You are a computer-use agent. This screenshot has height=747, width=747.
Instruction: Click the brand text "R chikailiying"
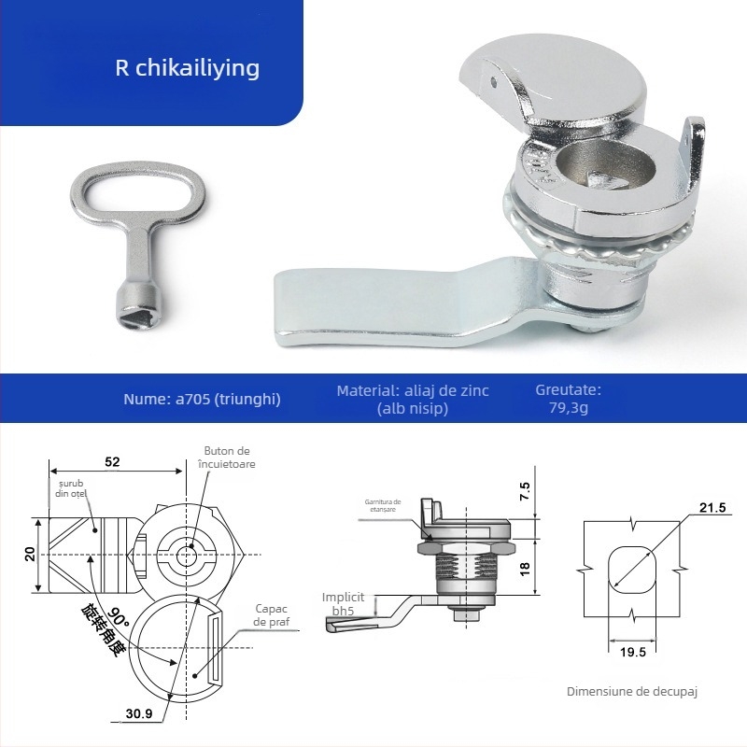187,68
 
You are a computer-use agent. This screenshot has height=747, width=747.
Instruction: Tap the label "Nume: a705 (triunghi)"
202,399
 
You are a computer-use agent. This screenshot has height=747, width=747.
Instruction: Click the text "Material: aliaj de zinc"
413,390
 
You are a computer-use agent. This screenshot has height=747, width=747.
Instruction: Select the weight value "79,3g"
568,407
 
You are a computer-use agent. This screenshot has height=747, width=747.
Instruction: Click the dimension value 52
111,461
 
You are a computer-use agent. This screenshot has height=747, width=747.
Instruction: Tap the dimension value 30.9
138,714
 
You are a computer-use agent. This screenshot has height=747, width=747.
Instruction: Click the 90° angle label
119,616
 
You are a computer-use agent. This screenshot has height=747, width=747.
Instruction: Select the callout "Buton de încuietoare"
229,458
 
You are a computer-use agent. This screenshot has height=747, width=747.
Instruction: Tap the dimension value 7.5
525,486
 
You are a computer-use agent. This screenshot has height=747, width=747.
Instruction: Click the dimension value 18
525,568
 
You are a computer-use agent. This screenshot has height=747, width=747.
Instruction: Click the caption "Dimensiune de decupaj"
632,692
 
